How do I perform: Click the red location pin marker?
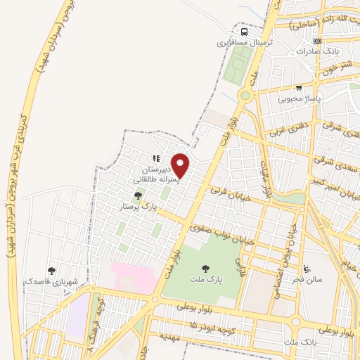181,165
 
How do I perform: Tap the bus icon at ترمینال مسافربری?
244,32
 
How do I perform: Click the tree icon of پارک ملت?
205,268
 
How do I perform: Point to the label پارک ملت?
205,279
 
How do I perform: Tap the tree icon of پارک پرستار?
138,196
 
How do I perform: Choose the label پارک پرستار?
138,207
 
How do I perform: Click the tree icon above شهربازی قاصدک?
51,270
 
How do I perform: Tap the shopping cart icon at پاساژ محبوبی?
299,89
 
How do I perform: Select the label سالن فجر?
309,279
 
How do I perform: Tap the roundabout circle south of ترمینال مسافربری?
245,94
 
